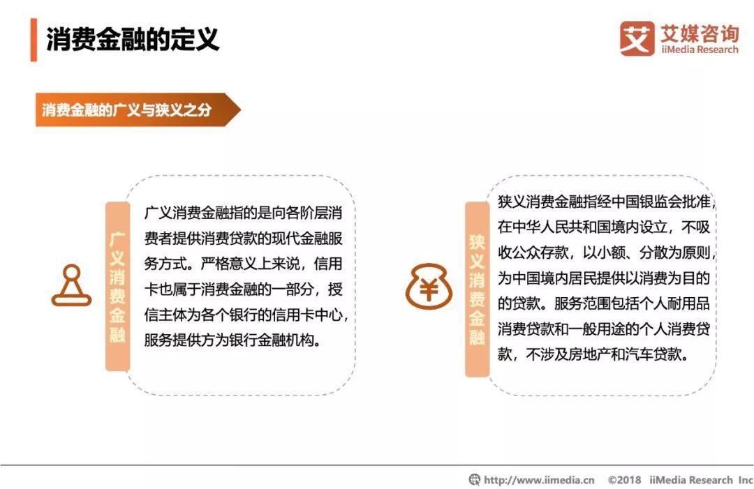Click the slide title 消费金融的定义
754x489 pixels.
133,39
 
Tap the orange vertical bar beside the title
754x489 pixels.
34,40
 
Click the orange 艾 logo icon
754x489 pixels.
637,38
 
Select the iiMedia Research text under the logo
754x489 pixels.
700,50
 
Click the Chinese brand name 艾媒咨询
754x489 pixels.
700,33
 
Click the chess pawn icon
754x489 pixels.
72,285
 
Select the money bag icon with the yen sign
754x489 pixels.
429,287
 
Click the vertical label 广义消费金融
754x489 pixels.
117,287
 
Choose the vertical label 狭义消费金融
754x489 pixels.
477,289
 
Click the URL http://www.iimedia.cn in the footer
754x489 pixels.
539,479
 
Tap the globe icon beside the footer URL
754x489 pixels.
475,479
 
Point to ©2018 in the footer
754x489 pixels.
624,479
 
